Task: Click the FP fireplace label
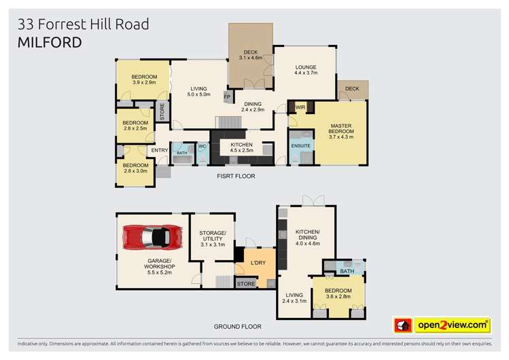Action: tap(226, 96)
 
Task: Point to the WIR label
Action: tap(300, 107)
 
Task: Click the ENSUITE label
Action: tap(300, 145)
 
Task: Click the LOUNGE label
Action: tap(306, 67)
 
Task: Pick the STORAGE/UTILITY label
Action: tap(211, 237)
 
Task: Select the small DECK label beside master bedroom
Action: tap(352, 89)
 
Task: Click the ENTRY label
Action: tap(160, 150)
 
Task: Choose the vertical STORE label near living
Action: tap(162, 111)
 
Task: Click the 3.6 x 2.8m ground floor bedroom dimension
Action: tap(338, 295)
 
